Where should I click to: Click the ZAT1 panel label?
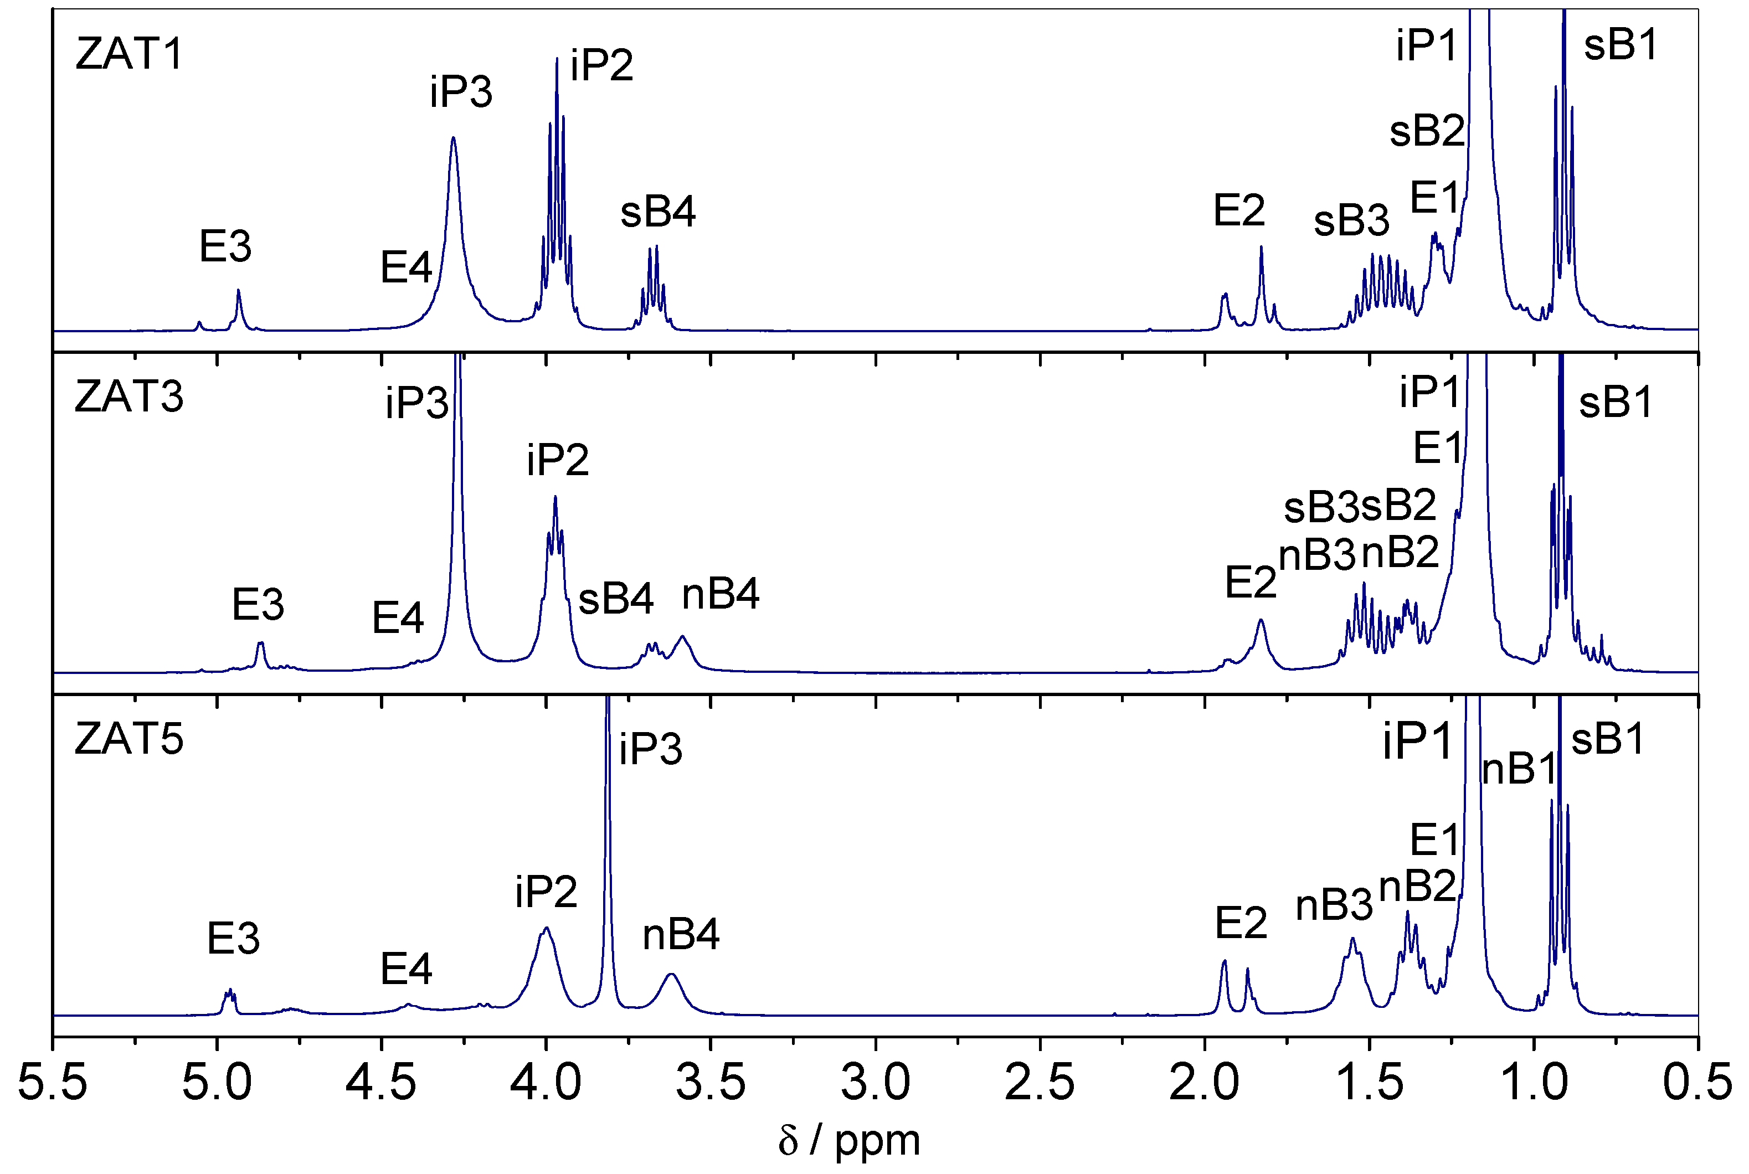[130, 55]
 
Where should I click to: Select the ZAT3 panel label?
[129, 397]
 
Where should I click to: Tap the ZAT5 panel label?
[129, 740]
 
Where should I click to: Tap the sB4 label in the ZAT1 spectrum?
[658, 212]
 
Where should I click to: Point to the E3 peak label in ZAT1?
[225, 246]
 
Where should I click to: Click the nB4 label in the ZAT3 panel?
[721, 595]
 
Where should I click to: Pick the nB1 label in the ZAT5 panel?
[1519, 769]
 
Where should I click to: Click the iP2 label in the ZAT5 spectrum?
[546, 892]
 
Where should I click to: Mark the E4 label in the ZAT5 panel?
[406, 970]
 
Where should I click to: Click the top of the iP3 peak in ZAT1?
[453, 138]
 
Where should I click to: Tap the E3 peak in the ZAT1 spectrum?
[238, 291]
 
